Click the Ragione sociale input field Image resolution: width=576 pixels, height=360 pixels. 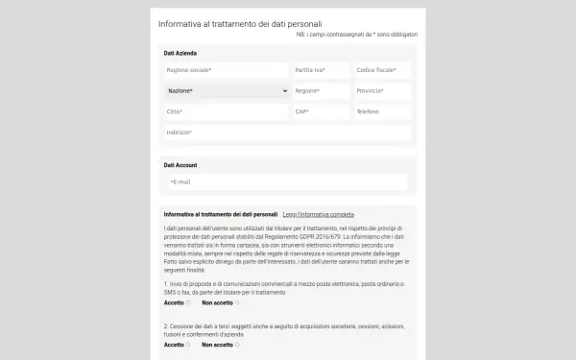point(226,70)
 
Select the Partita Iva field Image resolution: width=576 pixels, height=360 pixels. point(320,70)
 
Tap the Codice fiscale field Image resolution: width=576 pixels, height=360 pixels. point(381,70)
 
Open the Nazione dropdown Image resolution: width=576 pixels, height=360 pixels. point(226,91)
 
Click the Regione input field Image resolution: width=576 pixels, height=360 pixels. point(320,91)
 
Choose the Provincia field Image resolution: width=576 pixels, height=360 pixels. point(381,91)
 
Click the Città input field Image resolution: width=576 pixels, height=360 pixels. point(226,111)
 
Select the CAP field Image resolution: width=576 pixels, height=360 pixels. point(320,111)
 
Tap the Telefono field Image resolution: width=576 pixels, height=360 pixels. point(381,111)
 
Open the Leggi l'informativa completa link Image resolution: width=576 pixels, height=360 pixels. point(318,213)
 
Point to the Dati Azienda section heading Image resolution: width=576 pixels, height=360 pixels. point(180,53)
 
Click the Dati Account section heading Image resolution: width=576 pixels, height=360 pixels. point(180,165)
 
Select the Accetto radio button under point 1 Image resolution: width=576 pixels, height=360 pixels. point(188,302)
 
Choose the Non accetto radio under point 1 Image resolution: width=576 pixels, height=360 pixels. point(237,302)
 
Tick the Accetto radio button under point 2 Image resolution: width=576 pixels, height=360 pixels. point(188,345)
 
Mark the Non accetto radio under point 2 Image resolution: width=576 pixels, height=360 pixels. point(237,345)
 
